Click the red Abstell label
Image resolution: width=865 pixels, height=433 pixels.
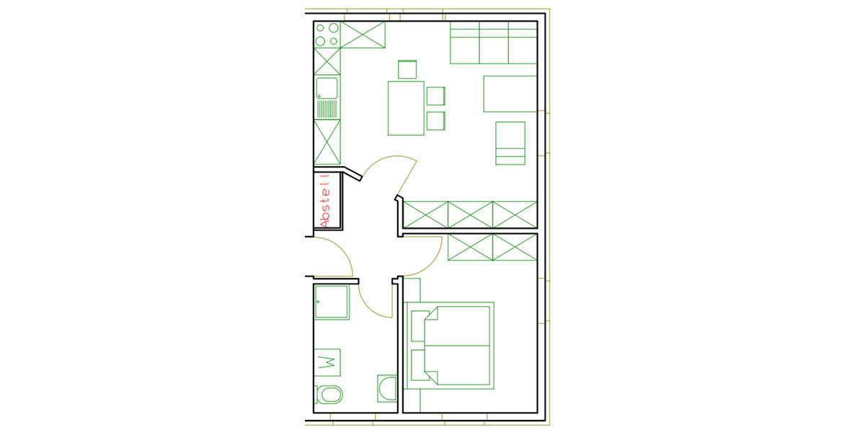[x=326, y=201]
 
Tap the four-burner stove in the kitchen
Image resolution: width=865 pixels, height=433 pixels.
[x=327, y=35]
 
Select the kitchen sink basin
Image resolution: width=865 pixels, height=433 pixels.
[x=327, y=88]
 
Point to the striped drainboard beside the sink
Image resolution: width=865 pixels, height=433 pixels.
[x=327, y=109]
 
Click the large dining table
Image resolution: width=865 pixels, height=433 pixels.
[x=406, y=108]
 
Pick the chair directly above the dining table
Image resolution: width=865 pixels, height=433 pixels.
[x=407, y=69]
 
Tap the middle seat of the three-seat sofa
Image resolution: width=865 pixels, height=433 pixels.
[x=494, y=43]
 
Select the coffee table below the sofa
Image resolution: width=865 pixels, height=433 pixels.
[x=510, y=94]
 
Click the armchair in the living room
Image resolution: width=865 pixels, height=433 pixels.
[x=510, y=143]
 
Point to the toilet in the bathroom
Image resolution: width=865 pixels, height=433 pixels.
[x=329, y=395]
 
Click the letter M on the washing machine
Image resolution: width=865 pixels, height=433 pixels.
[x=327, y=362]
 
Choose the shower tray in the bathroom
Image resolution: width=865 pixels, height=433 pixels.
[x=332, y=302]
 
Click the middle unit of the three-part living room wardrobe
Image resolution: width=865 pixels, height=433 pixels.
[x=470, y=214]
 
